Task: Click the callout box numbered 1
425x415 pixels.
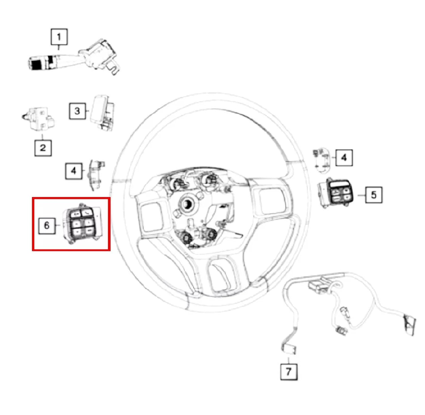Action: [59, 37]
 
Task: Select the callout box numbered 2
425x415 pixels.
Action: [43, 147]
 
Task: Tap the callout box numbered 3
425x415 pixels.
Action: [77, 111]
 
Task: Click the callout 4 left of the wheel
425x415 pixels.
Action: [74, 171]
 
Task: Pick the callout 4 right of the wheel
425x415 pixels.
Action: [344, 158]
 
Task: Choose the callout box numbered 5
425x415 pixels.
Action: [373, 195]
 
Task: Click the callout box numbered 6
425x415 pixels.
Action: [47, 225]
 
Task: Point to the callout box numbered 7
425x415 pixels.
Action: [289, 371]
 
